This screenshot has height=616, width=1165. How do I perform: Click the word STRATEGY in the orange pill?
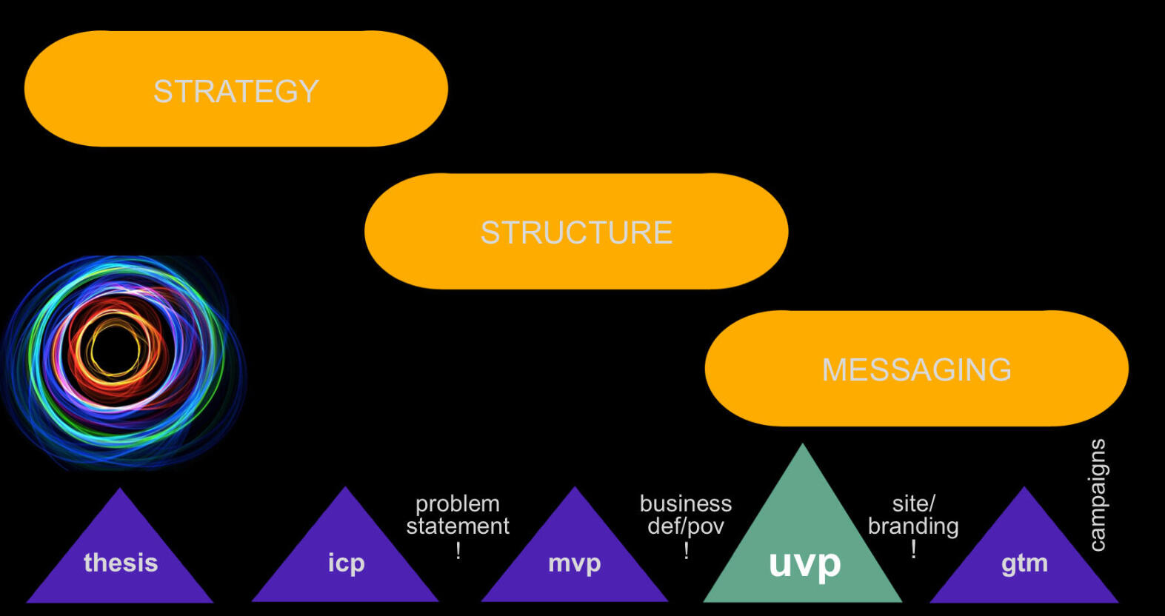coord(236,92)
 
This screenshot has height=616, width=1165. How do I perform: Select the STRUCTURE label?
coord(576,232)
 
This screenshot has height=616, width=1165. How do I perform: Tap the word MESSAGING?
coord(916,369)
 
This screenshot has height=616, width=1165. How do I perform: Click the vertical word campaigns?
coord(1097,495)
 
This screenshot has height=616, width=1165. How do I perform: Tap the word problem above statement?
coord(457,503)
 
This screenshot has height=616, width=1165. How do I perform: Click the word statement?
coord(457,526)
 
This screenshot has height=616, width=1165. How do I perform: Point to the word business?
coord(685,503)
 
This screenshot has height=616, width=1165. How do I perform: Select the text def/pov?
coord(685,526)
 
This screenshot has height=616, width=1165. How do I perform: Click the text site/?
coord(913,503)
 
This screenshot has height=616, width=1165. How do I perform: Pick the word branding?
coord(913,526)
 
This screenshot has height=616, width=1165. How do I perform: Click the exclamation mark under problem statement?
coord(458,550)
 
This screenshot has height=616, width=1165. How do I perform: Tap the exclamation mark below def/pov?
coord(687,550)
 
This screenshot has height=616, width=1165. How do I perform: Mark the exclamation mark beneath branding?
coord(914,549)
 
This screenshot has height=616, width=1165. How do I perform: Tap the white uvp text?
coord(804,564)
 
